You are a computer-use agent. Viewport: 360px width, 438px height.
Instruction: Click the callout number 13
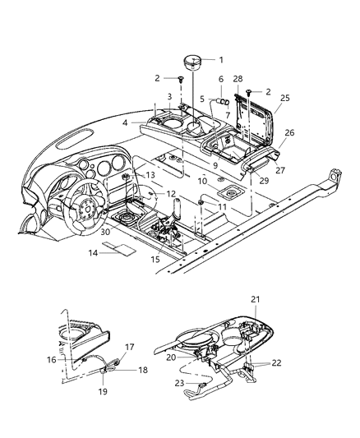[x=150, y=176]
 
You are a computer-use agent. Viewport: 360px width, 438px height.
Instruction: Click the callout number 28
[x=238, y=78]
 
